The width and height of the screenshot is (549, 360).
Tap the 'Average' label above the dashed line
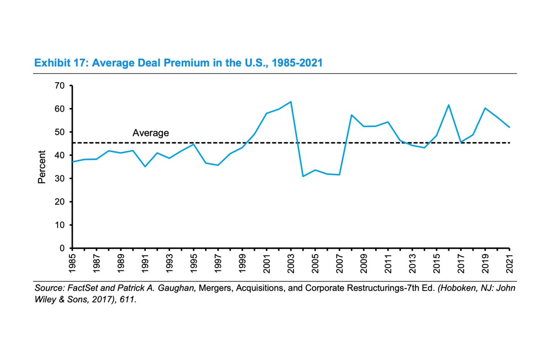[x=151, y=134]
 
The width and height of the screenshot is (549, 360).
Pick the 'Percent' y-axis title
[x=42, y=167]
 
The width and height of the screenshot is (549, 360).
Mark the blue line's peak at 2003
[x=291, y=102]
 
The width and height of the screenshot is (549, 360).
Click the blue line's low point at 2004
[x=303, y=176]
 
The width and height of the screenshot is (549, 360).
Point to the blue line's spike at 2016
[x=449, y=105]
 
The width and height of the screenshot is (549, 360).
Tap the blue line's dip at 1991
[x=145, y=167]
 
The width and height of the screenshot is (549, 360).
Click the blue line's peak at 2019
[x=485, y=108]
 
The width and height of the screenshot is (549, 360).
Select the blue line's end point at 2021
[x=509, y=127]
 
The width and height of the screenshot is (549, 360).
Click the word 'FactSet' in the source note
[x=78, y=289]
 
